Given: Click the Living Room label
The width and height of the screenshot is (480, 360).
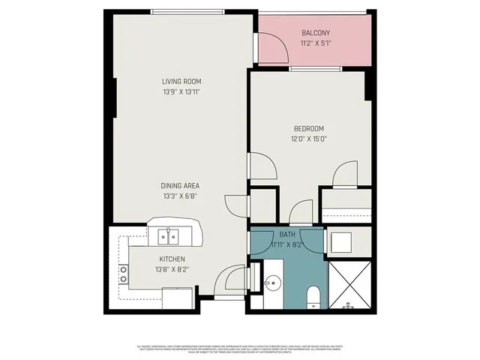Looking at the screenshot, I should (x=181, y=81).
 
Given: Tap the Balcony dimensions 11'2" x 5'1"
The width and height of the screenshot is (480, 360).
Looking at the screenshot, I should (x=315, y=43).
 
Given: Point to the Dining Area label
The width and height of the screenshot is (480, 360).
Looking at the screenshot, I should (x=180, y=185).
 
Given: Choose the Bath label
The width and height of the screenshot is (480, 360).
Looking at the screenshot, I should (x=287, y=234).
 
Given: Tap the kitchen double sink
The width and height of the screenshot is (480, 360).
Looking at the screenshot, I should (x=168, y=238).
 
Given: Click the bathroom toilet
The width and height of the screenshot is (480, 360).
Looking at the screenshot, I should (x=313, y=295).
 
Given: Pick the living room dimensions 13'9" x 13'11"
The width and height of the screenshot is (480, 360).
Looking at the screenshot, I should (x=181, y=92).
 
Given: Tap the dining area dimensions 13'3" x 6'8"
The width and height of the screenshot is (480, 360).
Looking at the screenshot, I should (x=180, y=196).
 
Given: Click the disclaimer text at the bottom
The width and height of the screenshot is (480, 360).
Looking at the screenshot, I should (x=240, y=349).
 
